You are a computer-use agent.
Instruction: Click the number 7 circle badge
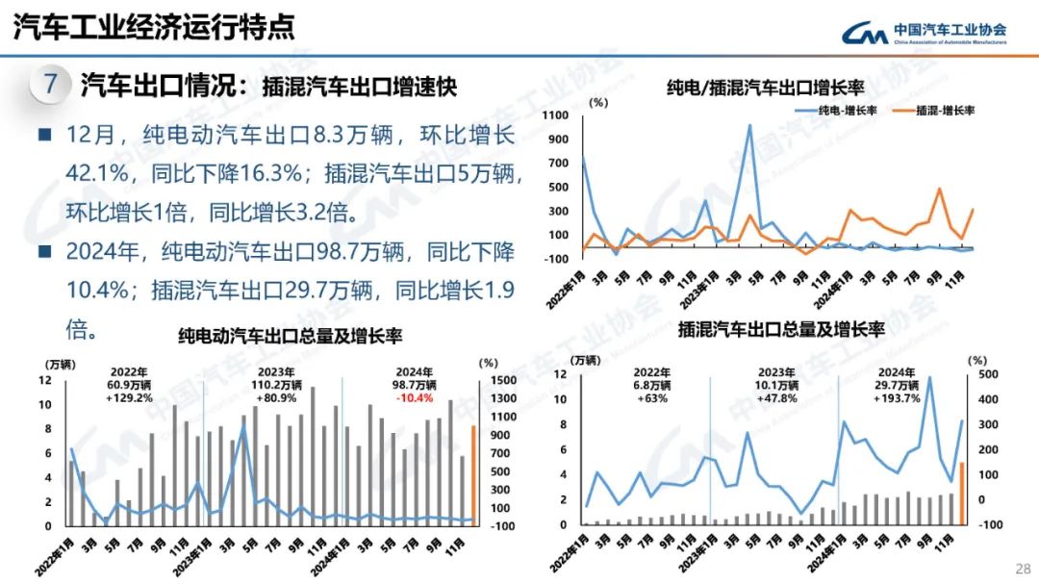[51, 84]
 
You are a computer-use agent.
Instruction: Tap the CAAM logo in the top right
[924, 34]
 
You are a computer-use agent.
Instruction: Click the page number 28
[1023, 568]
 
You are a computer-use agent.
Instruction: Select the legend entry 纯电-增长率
[846, 111]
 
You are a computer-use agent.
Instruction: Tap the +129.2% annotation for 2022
[129, 396]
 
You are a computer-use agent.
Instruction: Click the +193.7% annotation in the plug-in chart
[897, 396]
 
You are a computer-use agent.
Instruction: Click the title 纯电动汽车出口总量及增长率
[290, 336]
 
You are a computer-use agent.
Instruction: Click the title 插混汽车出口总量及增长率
[780, 329]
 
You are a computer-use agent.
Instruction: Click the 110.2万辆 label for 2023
[272, 384]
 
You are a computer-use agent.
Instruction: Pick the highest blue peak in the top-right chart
[750, 125]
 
